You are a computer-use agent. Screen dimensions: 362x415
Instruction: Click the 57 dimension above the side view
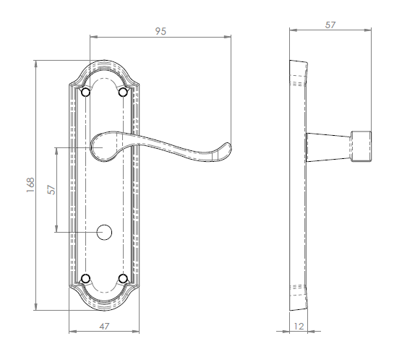click(x=330, y=24)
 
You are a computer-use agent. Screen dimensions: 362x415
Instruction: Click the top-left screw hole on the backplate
click(x=87, y=92)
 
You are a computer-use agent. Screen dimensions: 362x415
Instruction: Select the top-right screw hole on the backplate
click(x=122, y=92)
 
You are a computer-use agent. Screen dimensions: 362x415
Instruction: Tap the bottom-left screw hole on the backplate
click(x=87, y=278)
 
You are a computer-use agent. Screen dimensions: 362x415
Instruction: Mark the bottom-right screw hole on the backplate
click(x=122, y=278)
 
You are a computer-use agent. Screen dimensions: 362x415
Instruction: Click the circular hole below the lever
click(x=105, y=232)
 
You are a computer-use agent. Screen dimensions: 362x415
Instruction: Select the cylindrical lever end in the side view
click(x=362, y=147)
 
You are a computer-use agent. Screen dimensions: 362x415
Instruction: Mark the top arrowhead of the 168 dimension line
click(x=35, y=61)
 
